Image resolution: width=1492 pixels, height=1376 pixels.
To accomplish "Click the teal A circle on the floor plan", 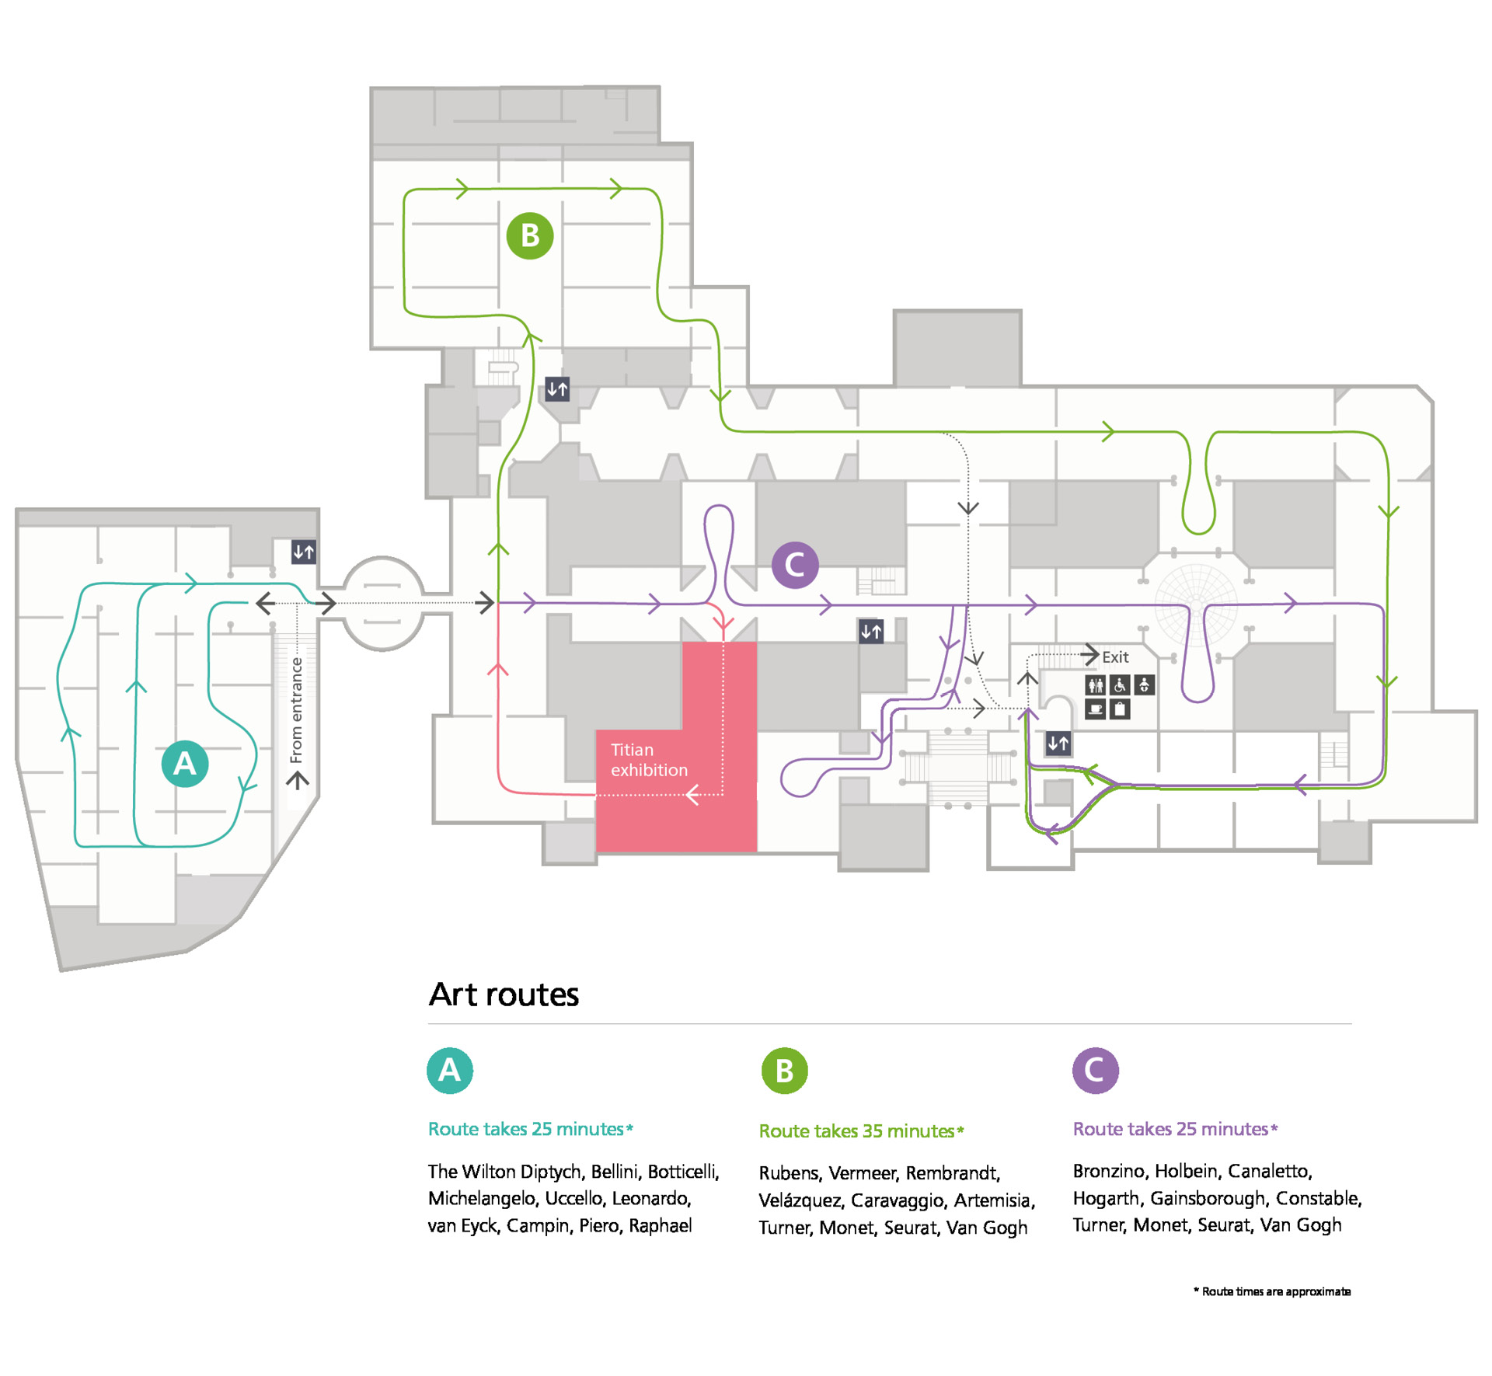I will [184, 764].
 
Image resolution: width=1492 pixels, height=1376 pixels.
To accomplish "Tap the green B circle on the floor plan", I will [529, 235].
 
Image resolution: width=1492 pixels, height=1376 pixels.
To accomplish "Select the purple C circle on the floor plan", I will [794, 565].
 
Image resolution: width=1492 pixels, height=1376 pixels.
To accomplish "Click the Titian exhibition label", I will [648, 759].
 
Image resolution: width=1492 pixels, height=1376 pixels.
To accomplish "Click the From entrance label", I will [296, 709].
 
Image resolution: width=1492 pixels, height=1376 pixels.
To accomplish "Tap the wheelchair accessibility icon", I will [1119, 685].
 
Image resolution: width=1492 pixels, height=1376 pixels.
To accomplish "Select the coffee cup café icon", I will [1095, 709].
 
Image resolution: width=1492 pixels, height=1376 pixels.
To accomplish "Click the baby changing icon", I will [1144, 685].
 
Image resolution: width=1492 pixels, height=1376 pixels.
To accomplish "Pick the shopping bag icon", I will [1119, 709].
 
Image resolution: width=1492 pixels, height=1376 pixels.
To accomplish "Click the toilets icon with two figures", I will [1095, 685].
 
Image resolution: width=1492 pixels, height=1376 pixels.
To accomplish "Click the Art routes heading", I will [504, 995].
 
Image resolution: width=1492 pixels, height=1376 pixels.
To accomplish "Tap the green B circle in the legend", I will [784, 1071].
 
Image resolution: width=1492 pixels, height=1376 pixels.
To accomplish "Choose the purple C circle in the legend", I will [1095, 1071].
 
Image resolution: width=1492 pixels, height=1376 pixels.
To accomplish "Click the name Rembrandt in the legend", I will [952, 1173].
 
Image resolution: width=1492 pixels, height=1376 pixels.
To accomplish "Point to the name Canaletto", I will [1269, 1171].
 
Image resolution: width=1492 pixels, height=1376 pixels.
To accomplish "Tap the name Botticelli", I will [682, 1172].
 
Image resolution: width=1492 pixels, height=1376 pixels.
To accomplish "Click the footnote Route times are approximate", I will [1275, 1291].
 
